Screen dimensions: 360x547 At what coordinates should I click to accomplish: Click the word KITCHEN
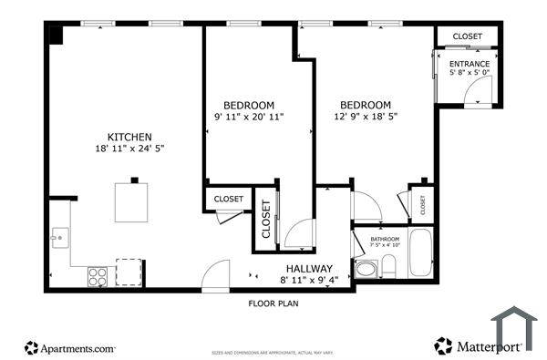click(129, 137)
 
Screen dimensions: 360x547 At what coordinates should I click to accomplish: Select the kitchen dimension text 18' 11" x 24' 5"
click(129, 149)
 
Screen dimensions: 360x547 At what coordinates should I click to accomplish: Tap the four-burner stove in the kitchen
click(98, 273)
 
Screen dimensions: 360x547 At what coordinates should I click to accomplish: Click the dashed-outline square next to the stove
click(129, 273)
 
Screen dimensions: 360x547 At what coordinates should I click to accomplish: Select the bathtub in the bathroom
click(420, 254)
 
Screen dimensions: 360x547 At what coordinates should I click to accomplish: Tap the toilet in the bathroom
click(387, 266)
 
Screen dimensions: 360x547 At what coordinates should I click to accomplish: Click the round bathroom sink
click(365, 268)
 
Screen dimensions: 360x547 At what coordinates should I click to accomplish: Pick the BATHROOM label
click(383, 239)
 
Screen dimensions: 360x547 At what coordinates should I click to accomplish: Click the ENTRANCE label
click(469, 64)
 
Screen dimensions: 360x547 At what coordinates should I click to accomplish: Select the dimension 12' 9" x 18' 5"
click(366, 117)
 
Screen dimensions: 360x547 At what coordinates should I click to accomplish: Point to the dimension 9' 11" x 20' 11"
click(249, 117)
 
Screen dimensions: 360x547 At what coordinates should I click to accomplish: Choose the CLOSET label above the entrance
click(467, 36)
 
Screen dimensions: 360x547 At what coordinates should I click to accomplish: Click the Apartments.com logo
click(70, 347)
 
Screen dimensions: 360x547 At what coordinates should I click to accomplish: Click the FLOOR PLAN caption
click(274, 303)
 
